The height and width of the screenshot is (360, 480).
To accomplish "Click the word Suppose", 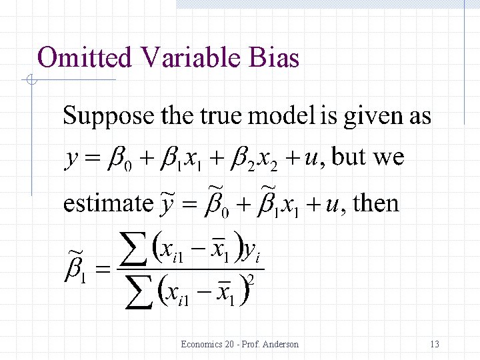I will [108, 116].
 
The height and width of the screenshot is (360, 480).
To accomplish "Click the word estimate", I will [107, 203].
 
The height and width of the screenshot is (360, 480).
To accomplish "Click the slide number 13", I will [435, 344].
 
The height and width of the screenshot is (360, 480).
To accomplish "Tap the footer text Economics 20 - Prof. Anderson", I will [239, 344].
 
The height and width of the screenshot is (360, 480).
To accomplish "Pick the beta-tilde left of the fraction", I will [75, 271].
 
